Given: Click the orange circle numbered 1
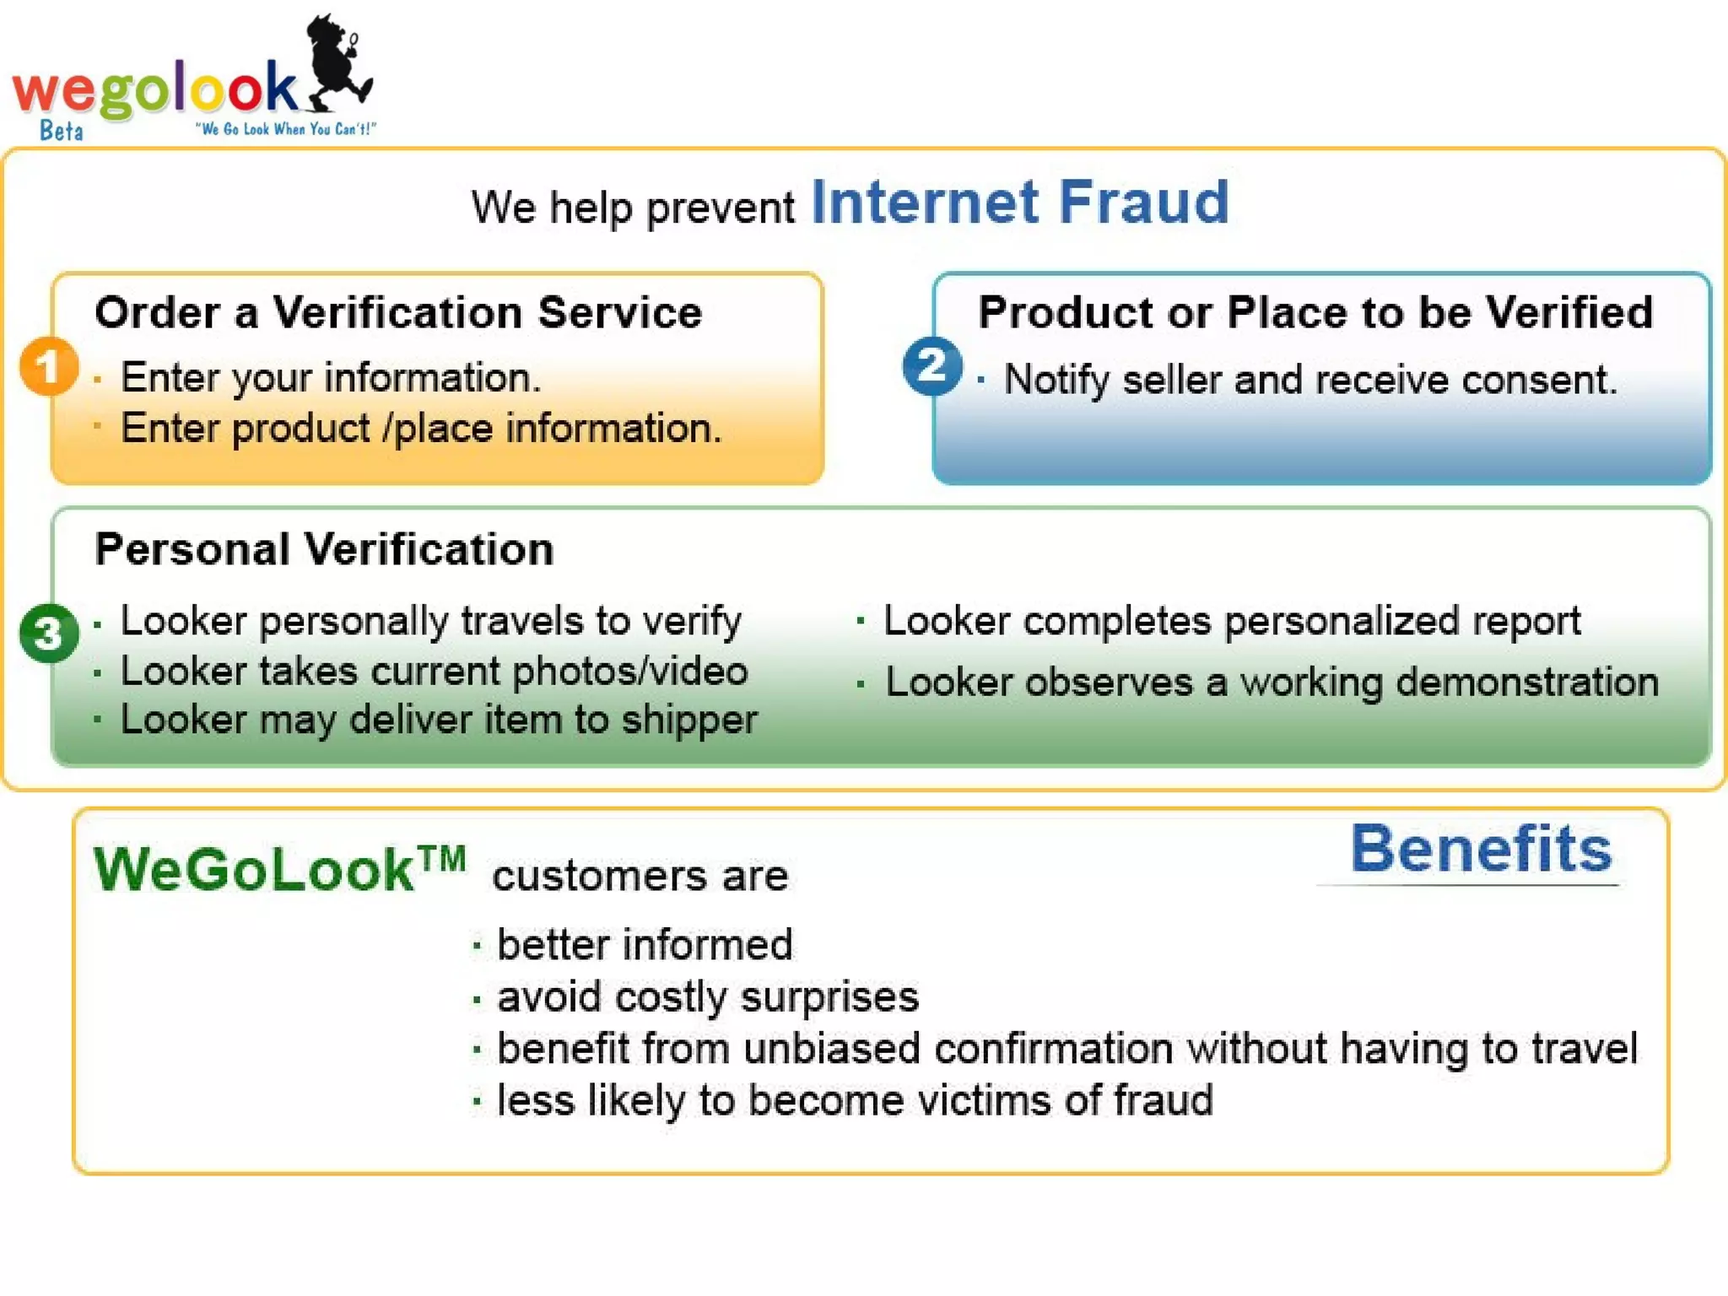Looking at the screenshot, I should (49, 366).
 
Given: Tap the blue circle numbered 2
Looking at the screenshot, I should (931, 366).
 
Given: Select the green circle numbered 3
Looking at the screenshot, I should (49, 633).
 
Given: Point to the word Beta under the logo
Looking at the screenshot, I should (62, 131).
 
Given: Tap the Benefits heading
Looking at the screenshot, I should (1481, 849).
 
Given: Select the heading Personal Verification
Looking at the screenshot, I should (324, 549).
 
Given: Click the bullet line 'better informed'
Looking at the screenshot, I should (644, 944).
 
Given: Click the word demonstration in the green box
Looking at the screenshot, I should (1527, 682).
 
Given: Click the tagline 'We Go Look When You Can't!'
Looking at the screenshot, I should (285, 129).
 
